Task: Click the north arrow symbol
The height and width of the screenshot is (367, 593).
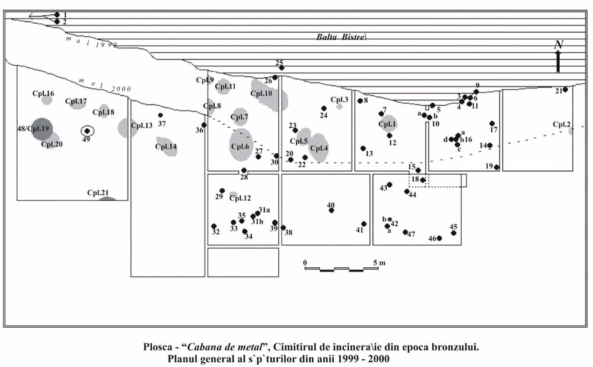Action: (x=558, y=60)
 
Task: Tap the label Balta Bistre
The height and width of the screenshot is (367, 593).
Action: (x=342, y=37)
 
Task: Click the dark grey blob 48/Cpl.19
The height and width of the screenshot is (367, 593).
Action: (x=42, y=128)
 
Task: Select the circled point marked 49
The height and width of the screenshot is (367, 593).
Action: (x=87, y=131)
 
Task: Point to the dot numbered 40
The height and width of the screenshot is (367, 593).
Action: (x=331, y=210)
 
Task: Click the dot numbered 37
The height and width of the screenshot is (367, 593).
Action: (x=160, y=115)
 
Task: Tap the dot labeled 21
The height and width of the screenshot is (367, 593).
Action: (x=565, y=90)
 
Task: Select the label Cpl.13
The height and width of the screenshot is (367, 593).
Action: (x=142, y=125)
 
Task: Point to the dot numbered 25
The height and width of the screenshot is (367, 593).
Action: (x=282, y=68)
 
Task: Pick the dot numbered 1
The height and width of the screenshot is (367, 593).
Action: (x=57, y=14)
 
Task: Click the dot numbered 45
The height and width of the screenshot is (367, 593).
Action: (x=454, y=233)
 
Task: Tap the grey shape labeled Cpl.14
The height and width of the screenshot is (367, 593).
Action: (x=167, y=146)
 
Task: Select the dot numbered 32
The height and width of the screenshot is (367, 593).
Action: (x=214, y=226)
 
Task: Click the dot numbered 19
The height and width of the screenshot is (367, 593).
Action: (x=496, y=167)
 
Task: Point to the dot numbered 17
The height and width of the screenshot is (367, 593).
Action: (x=492, y=124)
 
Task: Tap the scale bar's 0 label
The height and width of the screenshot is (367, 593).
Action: (x=305, y=262)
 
